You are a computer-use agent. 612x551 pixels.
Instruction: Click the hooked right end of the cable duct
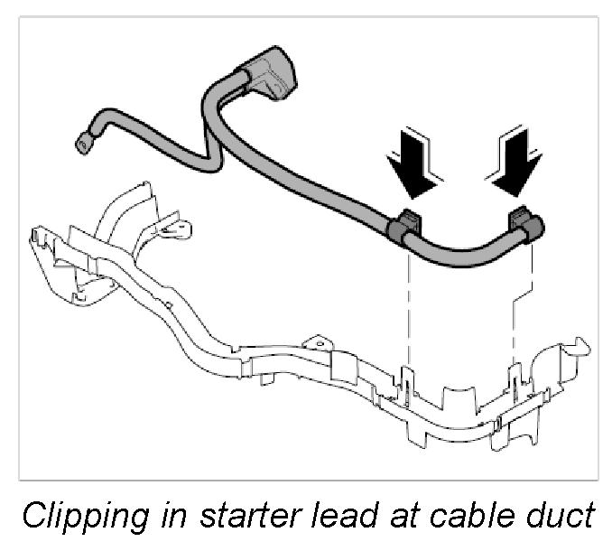pos(578,348)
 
